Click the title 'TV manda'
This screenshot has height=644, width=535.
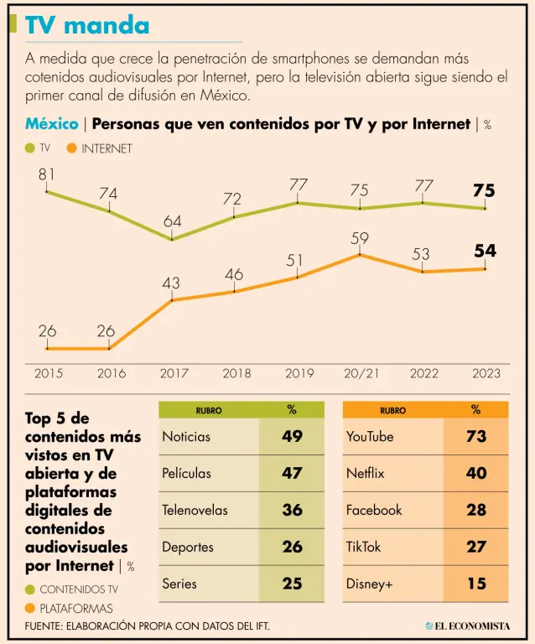click(87, 25)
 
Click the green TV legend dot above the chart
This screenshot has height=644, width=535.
click(30, 148)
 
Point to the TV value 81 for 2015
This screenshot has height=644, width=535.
click(47, 174)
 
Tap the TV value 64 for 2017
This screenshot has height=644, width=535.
click(172, 221)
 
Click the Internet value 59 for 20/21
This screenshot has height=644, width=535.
click(360, 238)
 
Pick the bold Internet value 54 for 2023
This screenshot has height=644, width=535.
click(485, 251)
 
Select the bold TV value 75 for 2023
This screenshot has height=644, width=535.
click(484, 190)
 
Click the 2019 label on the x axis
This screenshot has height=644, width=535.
click(299, 373)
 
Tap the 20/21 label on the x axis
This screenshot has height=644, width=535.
click(361, 373)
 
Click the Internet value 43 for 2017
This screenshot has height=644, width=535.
click(171, 283)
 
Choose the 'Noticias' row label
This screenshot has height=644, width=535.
click(186, 436)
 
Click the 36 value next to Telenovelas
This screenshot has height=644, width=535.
click(292, 510)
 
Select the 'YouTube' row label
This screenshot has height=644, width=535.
click(370, 436)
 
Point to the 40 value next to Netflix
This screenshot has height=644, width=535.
click(476, 473)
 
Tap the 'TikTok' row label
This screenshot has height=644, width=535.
click(363, 547)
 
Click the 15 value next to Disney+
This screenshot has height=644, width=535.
click(476, 584)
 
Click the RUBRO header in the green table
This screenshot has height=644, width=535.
click(209, 411)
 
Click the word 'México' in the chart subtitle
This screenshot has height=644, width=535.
click(52, 124)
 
